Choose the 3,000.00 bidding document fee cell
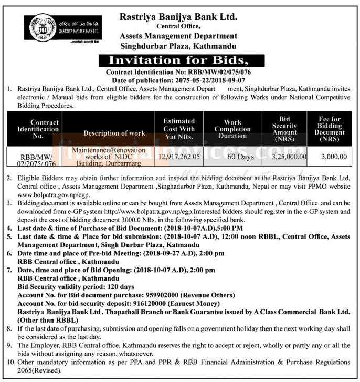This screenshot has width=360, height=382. (334, 156)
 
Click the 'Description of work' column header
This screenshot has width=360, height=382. (114, 133)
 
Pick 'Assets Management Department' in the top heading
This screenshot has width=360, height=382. (178, 36)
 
